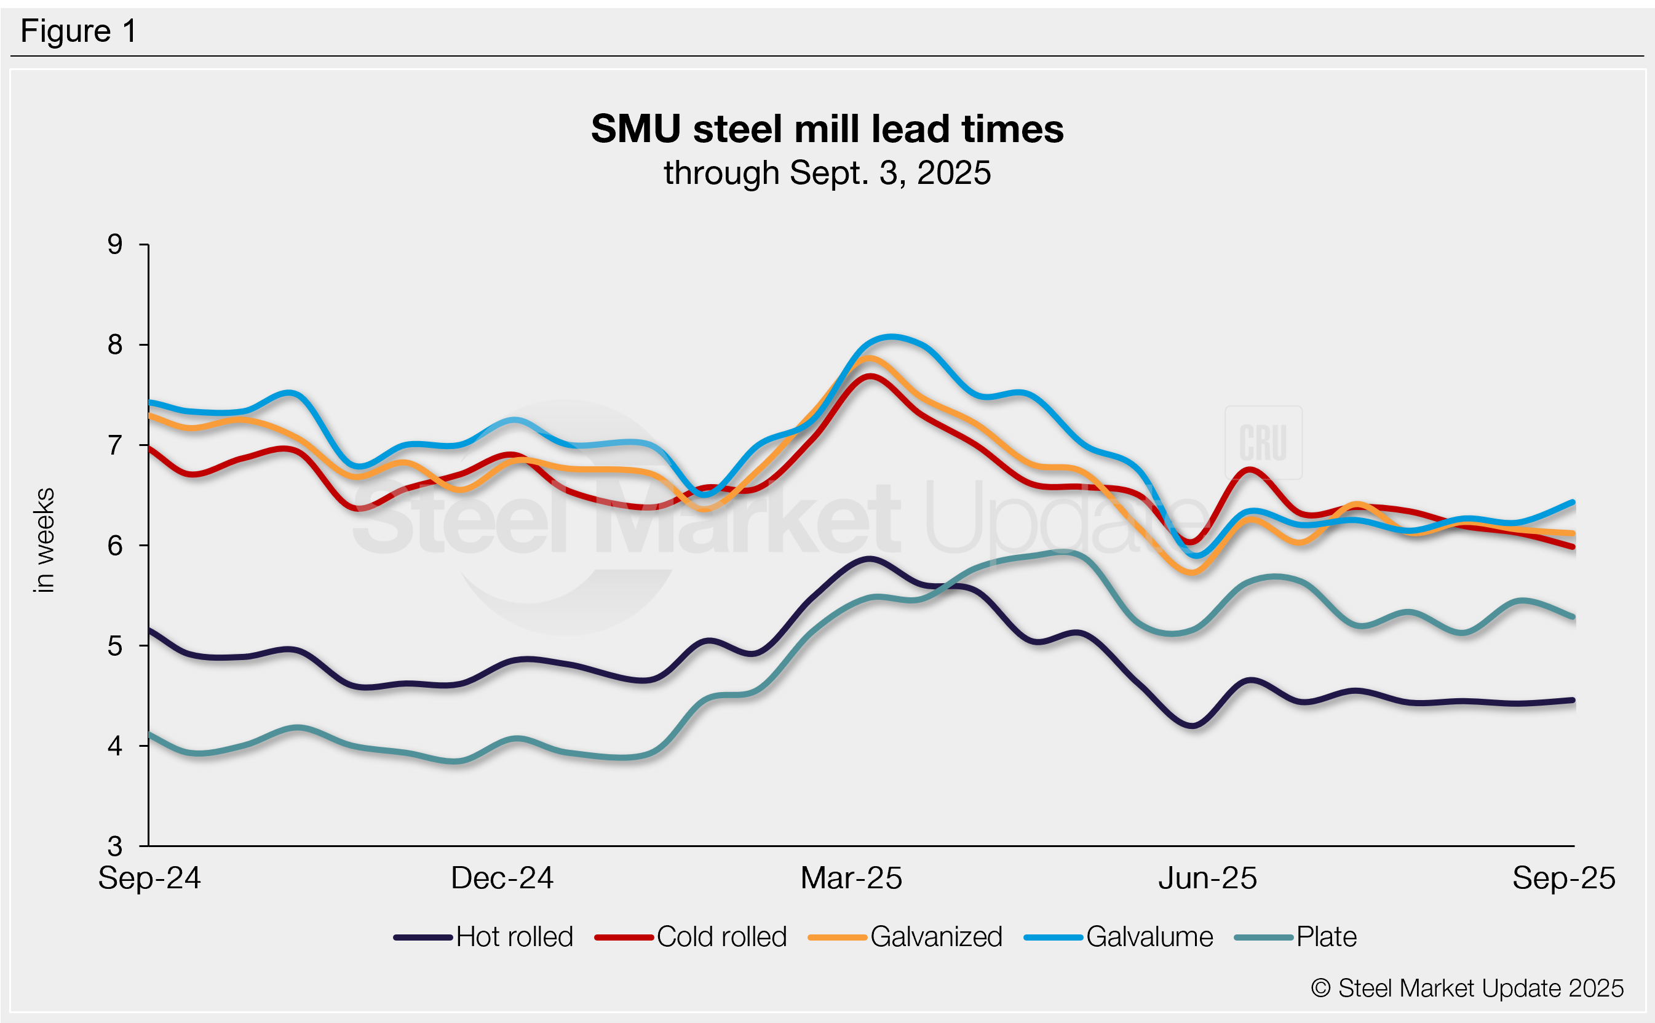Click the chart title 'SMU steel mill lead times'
coord(827,129)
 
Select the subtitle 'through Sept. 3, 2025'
coord(827,173)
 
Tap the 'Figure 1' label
coord(79,31)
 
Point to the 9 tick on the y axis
coord(115,244)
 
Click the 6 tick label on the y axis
coord(115,545)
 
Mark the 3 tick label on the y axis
coord(115,846)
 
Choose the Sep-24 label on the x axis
coord(149,878)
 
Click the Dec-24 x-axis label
coord(502,878)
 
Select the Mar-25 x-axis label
coord(851,878)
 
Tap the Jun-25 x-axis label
coord(1207,878)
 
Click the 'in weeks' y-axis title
coord(44,540)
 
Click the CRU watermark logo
coord(1263,442)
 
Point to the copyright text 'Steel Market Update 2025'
coord(1467,989)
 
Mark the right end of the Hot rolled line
coord(1573,700)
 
